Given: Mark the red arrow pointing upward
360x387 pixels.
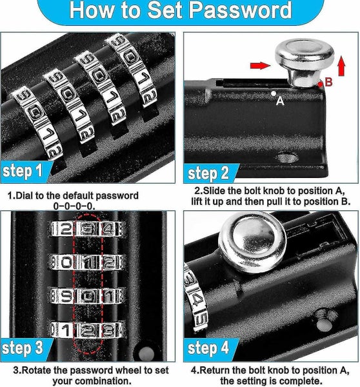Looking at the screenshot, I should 341,64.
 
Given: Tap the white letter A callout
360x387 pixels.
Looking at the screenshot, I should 280,101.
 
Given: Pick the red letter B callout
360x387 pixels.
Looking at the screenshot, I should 328,82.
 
